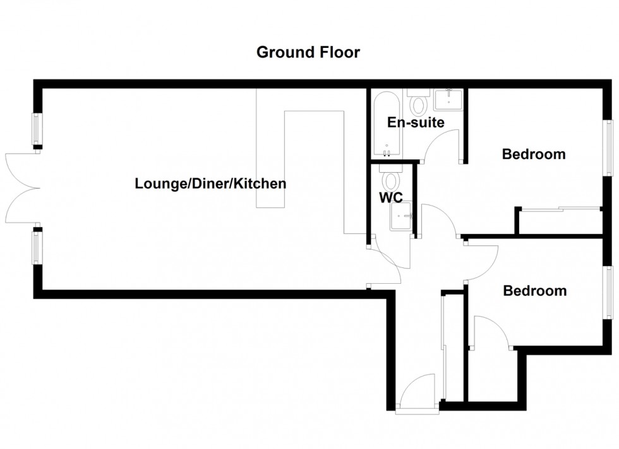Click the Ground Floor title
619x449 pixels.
(x=308, y=52)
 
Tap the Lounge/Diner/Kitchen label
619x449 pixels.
(x=210, y=184)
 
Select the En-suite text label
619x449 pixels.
(x=416, y=122)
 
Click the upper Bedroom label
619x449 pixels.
(x=533, y=154)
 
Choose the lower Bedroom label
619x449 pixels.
(x=534, y=291)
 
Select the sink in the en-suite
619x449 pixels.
(x=448, y=100)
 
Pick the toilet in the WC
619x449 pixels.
(x=392, y=179)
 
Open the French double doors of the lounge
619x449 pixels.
(x=21, y=187)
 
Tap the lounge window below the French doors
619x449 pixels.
(x=37, y=247)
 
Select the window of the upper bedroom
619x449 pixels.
(x=610, y=148)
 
